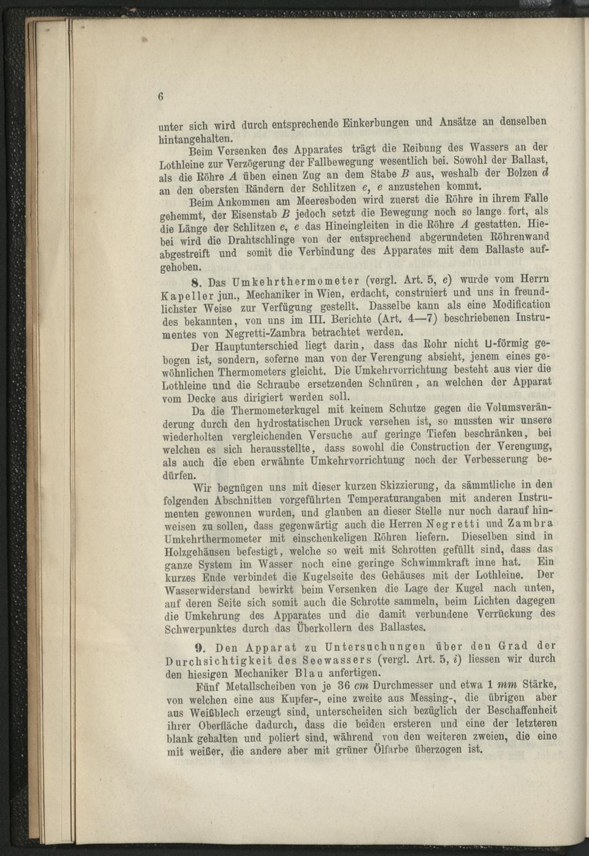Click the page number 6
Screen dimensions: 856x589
point(160,98)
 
